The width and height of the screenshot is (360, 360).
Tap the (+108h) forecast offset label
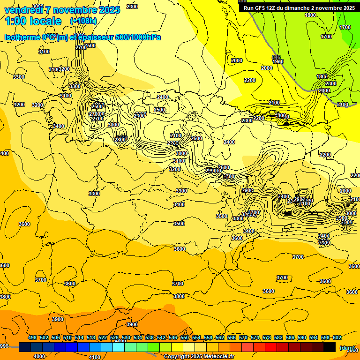[x=83, y=21]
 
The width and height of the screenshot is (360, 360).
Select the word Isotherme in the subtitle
[x=22, y=37]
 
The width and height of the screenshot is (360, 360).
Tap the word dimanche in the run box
[x=300, y=8]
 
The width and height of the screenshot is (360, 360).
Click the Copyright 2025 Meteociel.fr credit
[x=199, y=357]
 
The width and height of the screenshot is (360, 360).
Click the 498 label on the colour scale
[x=32, y=337]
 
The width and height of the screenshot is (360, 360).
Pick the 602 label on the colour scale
[x=337, y=337]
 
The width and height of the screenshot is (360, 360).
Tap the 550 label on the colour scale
[x=185, y=337]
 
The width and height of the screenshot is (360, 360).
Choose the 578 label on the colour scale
[x=267, y=337]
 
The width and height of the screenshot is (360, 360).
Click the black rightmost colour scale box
[x=330, y=347]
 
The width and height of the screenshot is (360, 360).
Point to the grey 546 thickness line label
[x=276, y=57]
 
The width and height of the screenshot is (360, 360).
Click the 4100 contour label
[x=95, y=357]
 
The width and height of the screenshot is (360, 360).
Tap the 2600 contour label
[x=196, y=138]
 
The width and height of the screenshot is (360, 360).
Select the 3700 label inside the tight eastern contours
[x=254, y=212]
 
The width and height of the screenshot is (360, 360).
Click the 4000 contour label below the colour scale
[x=39, y=356]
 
